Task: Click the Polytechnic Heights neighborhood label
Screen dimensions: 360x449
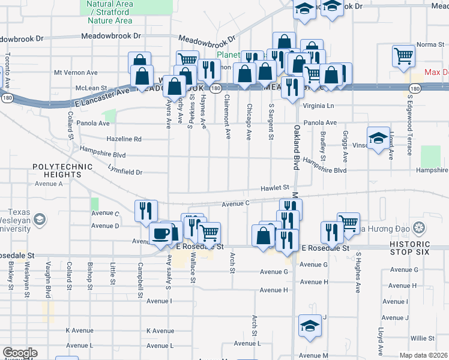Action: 57,170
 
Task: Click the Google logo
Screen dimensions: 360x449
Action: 20,353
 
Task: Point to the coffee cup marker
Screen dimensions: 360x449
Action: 160,233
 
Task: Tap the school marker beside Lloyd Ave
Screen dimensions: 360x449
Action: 378,139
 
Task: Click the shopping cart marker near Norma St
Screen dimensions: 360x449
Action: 403,56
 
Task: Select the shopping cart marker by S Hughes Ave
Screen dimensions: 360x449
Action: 348,223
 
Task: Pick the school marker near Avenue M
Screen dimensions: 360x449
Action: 310,326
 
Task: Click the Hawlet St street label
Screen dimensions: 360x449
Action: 276,188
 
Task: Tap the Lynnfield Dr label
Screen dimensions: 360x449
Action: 122,172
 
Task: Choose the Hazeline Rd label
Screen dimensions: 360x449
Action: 124,139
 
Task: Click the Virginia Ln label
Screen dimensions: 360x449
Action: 319,106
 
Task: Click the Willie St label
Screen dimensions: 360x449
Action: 423,338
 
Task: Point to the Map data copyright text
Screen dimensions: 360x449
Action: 424,355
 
